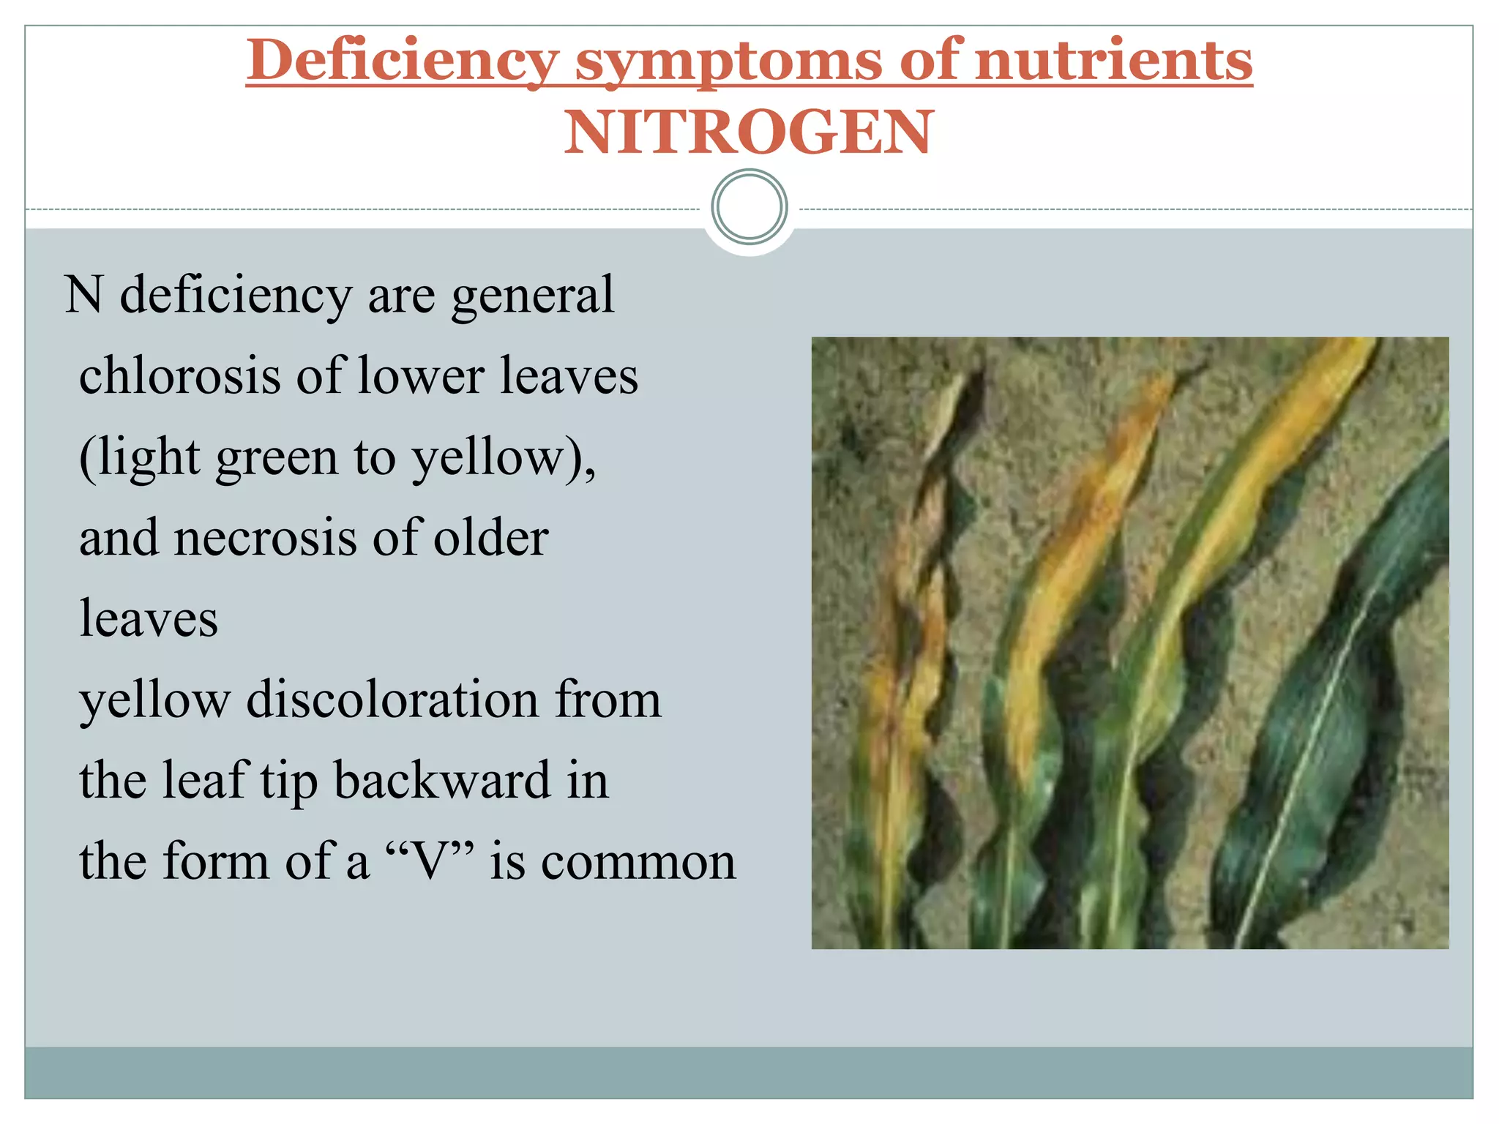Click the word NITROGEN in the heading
click(x=748, y=133)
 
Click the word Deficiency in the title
click(x=403, y=60)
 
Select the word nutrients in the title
click(x=1113, y=60)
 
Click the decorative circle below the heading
click(x=749, y=207)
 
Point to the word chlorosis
click(x=179, y=375)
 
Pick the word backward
click(x=441, y=779)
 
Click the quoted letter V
click(x=429, y=861)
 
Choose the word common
click(x=638, y=861)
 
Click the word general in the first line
click(x=532, y=296)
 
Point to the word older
click(x=490, y=537)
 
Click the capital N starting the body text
click(x=83, y=295)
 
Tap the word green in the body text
click(x=276, y=458)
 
